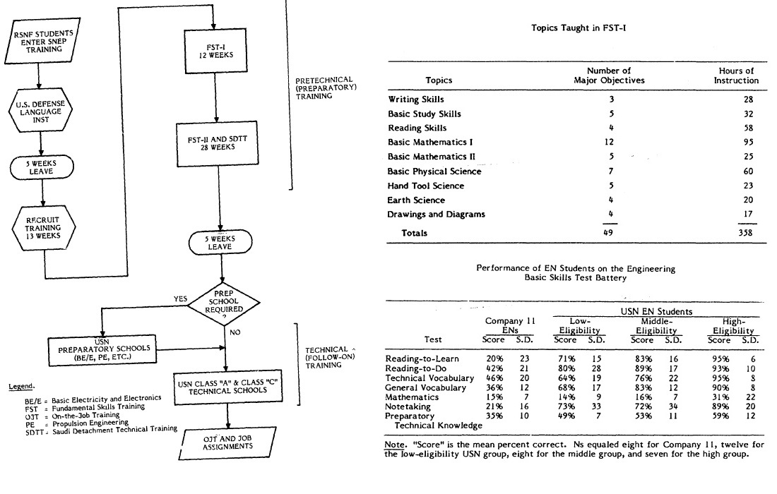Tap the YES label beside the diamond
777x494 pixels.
click(x=180, y=299)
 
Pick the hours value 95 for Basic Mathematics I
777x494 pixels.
click(x=747, y=142)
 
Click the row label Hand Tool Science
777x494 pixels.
click(x=426, y=186)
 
